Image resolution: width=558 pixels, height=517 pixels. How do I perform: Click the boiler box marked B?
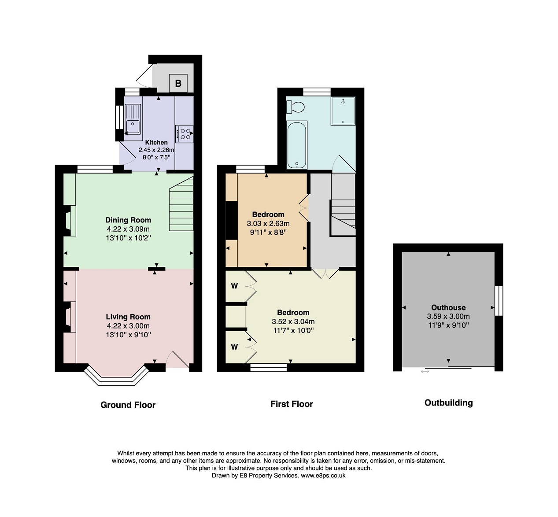(178, 83)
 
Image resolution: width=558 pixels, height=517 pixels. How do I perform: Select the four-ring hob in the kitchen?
(185, 134)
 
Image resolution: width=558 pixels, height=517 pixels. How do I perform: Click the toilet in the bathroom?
(296, 107)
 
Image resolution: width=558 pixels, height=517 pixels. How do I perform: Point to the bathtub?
(297, 145)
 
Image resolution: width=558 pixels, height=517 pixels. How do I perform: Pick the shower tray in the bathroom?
(343, 111)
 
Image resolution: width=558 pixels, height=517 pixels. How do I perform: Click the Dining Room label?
(128, 220)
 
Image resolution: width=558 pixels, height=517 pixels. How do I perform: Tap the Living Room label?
(128, 317)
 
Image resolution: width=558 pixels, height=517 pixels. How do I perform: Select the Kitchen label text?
(156, 142)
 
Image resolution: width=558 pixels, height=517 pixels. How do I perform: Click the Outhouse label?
(448, 307)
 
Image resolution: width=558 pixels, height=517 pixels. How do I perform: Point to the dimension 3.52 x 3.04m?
(293, 321)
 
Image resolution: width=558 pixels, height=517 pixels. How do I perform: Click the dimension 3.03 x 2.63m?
(268, 224)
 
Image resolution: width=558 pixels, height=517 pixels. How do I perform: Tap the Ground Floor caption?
(128, 405)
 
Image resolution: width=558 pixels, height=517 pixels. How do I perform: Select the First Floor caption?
(292, 404)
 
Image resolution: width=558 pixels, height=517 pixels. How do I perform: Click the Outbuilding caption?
(449, 403)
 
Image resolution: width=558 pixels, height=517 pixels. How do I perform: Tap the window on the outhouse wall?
(499, 301)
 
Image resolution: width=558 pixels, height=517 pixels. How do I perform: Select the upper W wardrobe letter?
(234, 286)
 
